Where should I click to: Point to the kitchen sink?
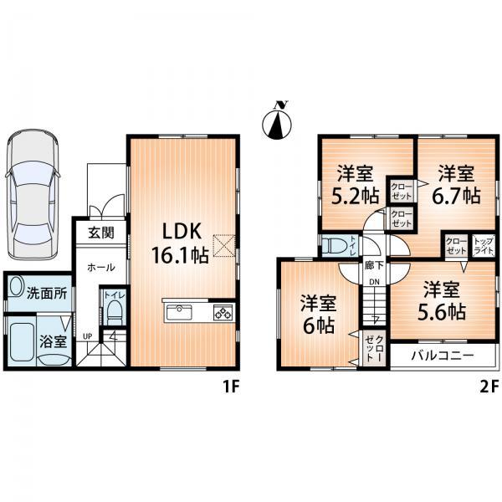point(179,313)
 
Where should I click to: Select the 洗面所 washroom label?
point(47,295)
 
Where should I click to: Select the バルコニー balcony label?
point(443,356)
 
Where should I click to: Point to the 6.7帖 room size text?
point(456,196)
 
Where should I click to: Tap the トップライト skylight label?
point(483,245)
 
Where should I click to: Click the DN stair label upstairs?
point(374,283)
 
